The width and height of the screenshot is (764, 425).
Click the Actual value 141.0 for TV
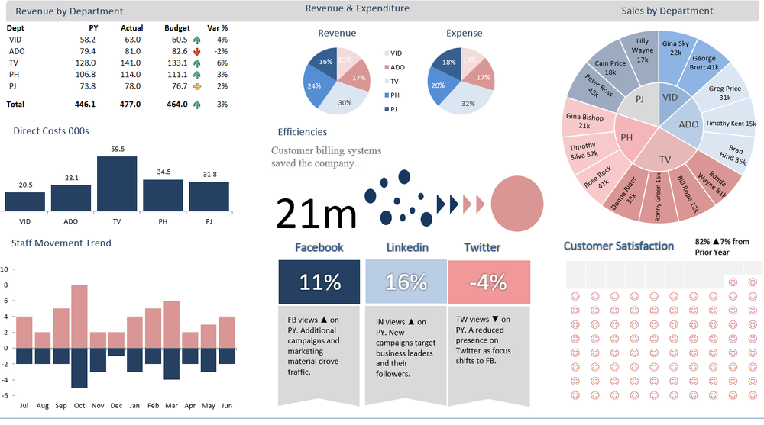[131, 63]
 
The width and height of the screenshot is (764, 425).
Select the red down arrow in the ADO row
[197, 51]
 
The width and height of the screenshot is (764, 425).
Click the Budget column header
[177, 28]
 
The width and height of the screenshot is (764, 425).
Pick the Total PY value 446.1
[85, 104]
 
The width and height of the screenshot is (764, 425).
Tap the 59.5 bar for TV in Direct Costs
[117, 184]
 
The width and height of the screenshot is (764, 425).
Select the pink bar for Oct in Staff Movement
[79, 316]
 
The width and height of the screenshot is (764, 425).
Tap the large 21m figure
[316, 214]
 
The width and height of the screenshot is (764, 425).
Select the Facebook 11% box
[319, 282]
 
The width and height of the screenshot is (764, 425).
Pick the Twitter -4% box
[488, 282]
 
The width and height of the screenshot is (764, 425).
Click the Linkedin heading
[407, 247]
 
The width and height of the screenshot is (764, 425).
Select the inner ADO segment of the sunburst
[688, 124]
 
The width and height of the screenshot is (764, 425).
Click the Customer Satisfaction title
[618, 246]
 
